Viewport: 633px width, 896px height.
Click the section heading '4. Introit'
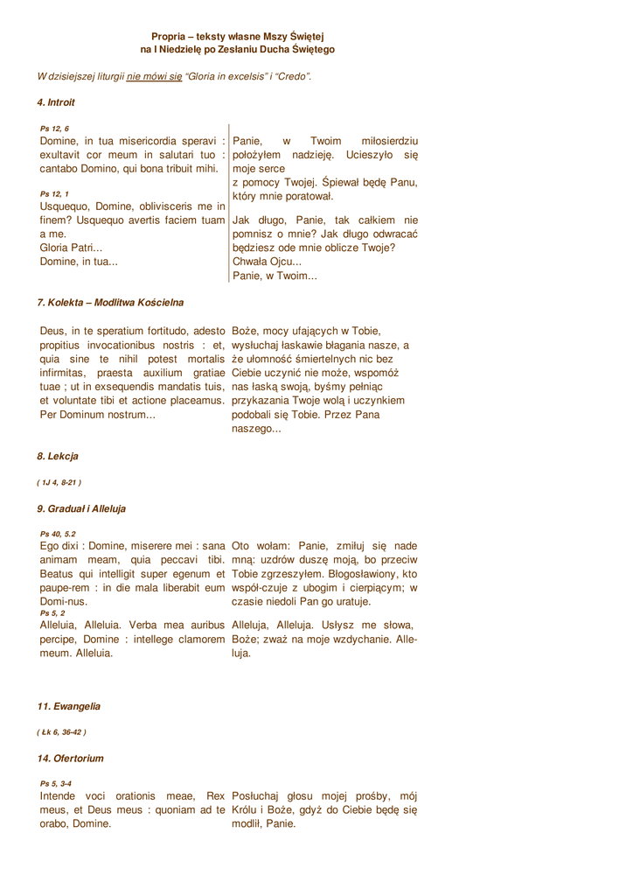(56, 102)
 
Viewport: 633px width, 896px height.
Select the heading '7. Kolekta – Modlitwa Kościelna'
(110, 303)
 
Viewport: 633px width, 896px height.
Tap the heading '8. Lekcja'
(58, 456)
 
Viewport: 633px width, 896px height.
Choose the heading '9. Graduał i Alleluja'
(81, 508)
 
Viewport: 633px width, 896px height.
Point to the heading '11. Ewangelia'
(68, 705)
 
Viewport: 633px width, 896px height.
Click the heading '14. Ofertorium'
(70, 758)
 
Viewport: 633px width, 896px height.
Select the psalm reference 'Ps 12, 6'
(54, 129)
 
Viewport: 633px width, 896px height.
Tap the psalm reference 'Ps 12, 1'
(54, 193)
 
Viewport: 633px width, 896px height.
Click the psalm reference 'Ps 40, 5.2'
(58, 534)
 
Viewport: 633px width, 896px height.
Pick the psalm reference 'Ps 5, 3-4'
(56, 783)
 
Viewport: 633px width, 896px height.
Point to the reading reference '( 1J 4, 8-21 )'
(59, 482)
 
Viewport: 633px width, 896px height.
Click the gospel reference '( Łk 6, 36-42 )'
(61, 731)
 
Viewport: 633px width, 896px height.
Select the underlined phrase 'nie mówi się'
(155, 77)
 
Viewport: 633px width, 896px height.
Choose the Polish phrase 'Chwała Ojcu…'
(267, 261)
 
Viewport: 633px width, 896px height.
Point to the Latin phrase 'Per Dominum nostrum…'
(98, 414)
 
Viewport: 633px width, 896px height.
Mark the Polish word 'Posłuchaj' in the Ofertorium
(260, 796)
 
